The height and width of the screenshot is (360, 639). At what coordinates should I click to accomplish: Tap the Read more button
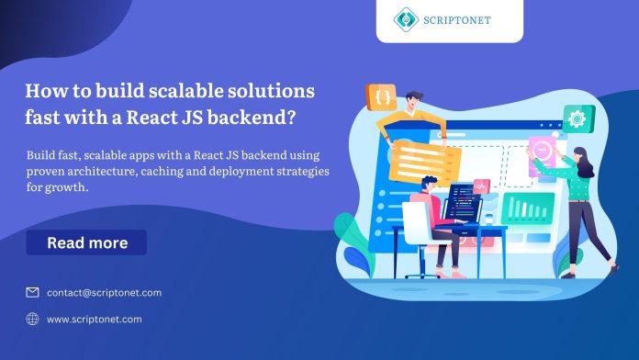[86, 242]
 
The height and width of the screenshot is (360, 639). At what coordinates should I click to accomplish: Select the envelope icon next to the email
[32, 292]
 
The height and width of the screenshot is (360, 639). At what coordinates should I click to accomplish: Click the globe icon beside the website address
[32, 319]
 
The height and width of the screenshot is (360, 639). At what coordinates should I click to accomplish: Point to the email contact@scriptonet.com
[104, 292]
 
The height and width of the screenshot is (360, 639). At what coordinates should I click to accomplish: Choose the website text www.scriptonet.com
[94, 319]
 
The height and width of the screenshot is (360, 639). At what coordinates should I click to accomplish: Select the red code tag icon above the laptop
[481, 186]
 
